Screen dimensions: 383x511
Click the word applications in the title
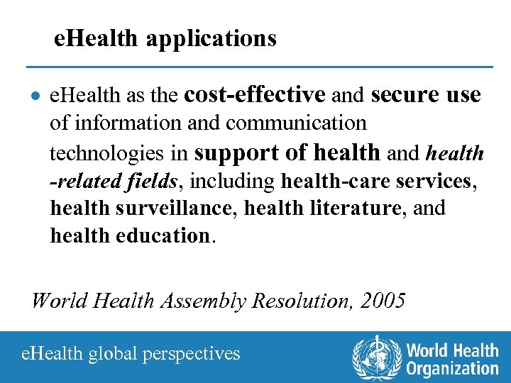[211, 38]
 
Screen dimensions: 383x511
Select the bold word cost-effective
[254, 94]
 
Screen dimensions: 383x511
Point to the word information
[123, 123]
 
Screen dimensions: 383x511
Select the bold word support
[238, 152]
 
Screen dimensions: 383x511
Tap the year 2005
[383, 300]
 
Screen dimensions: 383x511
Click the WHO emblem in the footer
[377, 356]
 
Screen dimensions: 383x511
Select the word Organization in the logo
[453, 367]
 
